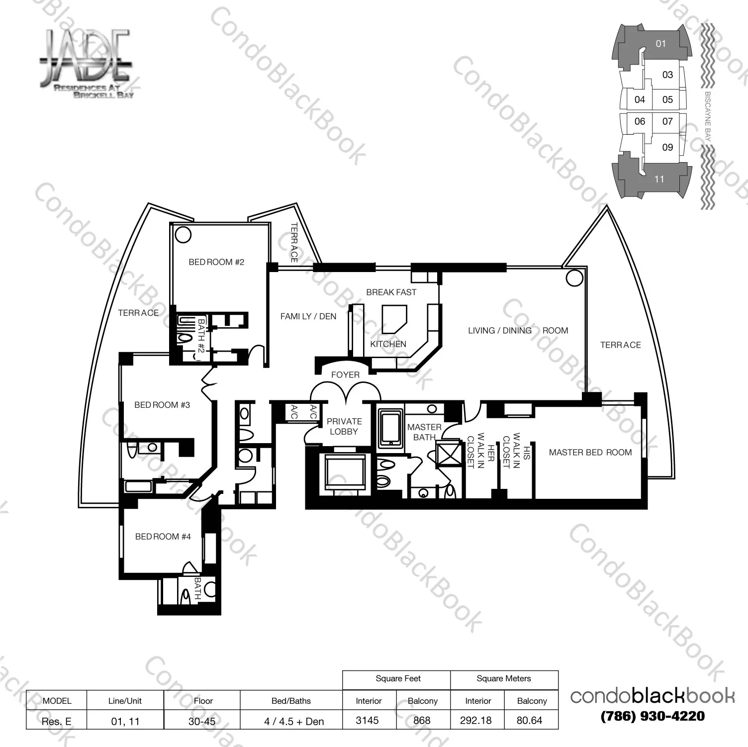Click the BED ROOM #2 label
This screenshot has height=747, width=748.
(x=216, y=262)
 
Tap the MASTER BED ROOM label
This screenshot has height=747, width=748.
(x=590, y=453)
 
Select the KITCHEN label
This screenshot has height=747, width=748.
(x=388, y=344)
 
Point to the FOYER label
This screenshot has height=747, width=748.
(x=345, y=375)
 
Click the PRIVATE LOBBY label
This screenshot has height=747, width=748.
(x=344, y=427)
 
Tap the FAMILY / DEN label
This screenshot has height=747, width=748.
(x=308, y=316)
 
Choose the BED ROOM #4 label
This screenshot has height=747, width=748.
(x=163, y=537)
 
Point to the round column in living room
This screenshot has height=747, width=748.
(x=574, y=278)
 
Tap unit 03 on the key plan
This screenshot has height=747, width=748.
(x=667, y=75)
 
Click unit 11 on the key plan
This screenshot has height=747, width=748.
(x=659, y=179)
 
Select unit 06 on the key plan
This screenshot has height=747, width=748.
(x=640, y=121)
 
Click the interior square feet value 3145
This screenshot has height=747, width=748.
(x=368, y=720)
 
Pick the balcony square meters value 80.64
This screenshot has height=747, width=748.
(x=529, y=720)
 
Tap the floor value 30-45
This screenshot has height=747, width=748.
(x=202, y=721)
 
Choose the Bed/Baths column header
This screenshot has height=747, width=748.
(x=291, y=701)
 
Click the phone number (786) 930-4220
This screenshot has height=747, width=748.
(x=653, y=716)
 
